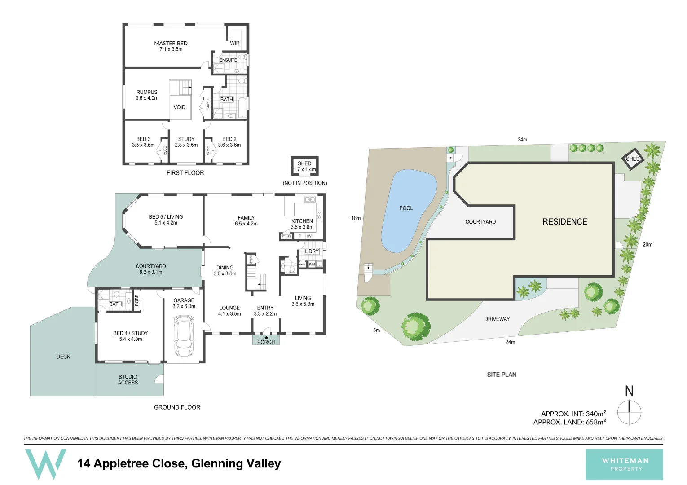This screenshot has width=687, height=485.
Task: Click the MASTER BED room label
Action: click(x=171, y=44)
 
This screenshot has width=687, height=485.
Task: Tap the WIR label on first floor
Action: click(x=234, y=43)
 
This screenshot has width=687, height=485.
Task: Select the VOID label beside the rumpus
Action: click(x=179, y=107)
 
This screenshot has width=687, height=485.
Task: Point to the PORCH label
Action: click(x=266, y=342)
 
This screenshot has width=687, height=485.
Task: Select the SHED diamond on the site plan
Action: click(x=633, y=159)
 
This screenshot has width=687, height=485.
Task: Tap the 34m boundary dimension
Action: click(x=522, y=140)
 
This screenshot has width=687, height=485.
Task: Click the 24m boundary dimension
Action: click(x=510, y=342)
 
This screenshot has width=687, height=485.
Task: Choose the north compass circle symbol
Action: click(x=629, y=412)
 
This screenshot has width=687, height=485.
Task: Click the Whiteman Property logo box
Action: click(x=624, y=464)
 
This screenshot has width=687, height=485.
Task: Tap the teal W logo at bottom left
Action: click(x=45, y=463)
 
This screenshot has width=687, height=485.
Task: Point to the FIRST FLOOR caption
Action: click(x=185, y=173)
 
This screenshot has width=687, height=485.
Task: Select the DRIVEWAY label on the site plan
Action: click(x=497, y=319)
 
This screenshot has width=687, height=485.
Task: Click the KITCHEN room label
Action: click(x=302, y=221)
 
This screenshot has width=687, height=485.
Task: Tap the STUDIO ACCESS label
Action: click(x=128, y=380)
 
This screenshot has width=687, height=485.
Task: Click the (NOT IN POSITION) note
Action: click(x=304, y=183)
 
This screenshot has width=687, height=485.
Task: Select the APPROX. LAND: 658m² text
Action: click(x=569, y=422)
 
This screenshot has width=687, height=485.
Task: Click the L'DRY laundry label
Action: click(x=312, y=251)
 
